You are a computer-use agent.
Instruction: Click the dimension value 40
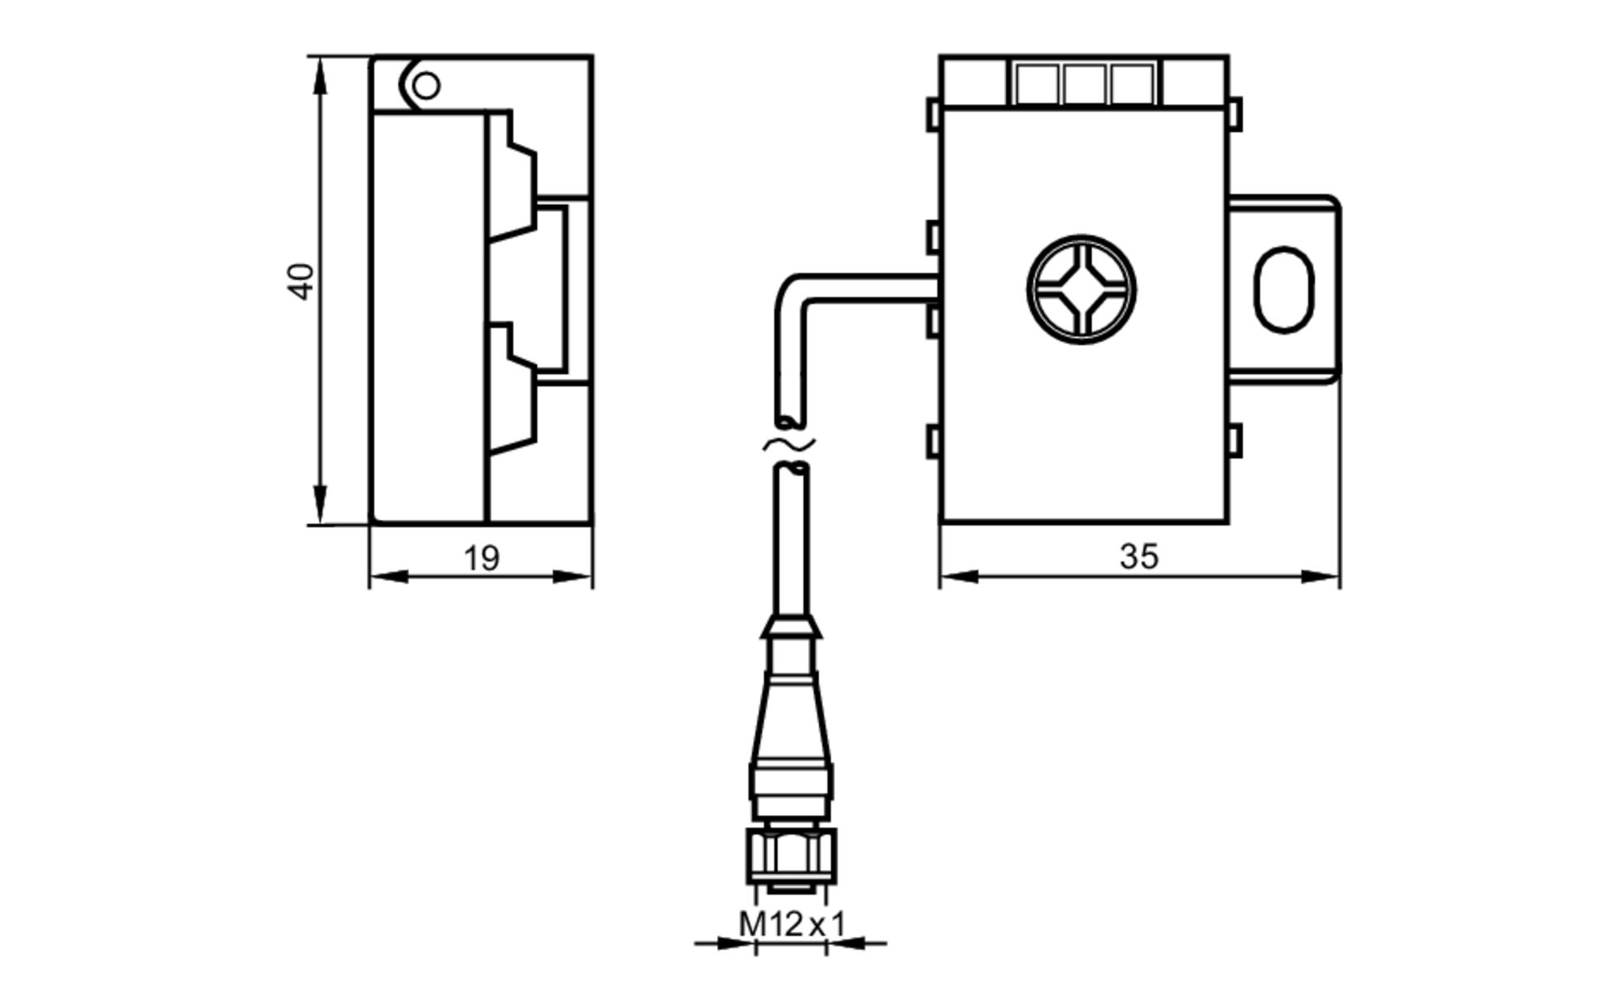click(302, 282)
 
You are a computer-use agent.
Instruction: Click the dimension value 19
click(481, 558)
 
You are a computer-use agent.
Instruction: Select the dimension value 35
click(1138, 556)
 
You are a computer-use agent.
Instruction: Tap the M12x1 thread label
click(792, 924)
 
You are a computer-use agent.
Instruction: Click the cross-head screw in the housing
click(1081, 289)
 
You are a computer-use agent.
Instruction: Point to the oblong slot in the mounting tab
click(1284, 289)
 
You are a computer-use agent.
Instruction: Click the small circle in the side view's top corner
click(426, 85)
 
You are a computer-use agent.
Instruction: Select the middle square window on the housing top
click(1085, 84)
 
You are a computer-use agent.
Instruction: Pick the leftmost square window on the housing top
click(1037, 84)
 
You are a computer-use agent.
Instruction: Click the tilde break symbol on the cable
click(788, 443)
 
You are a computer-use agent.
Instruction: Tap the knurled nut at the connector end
click(791, 855)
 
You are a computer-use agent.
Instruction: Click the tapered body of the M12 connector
click(791, 719)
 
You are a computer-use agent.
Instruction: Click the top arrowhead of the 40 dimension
click(320, 73)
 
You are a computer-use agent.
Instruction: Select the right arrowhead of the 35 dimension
click(1322, 577)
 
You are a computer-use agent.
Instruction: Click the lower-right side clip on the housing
click(1234, 441)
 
